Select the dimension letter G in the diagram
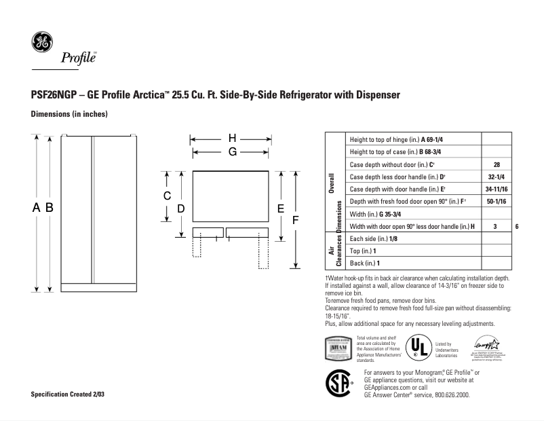(x=232, y=152)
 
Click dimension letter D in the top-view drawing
(x=181, y=208)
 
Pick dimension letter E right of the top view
(x=279, y=208)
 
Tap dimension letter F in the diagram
(x=295, y=220)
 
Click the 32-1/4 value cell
(x=496, y=177)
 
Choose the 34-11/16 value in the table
(x=496, y=189)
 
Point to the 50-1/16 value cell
(x=496, y=202)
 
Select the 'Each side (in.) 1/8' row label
(x=372, y=238)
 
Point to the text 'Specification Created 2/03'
(x=68, y=395)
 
